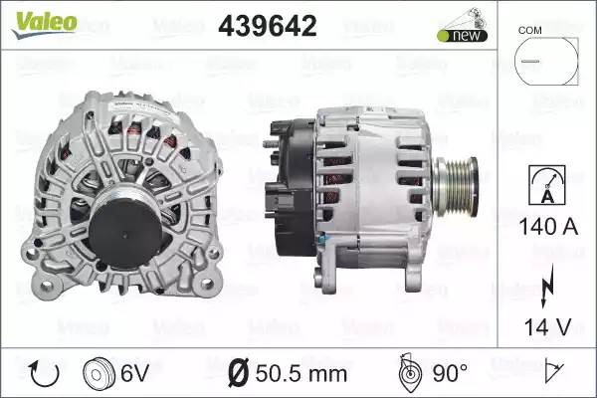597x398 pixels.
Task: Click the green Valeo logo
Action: coord(45,24)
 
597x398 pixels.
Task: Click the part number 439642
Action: coord(268,26)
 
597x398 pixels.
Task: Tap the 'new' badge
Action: coord(463,36)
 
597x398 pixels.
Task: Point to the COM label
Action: coord(529,30)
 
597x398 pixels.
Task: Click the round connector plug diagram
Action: coord(546,61)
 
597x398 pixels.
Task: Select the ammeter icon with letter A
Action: coord(547,185)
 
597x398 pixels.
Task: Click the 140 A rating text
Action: coord(548,227)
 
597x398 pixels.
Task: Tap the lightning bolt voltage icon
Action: coord(547,286)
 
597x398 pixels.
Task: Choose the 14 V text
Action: coord(548,326)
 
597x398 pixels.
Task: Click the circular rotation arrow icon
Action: coord(45,374)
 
